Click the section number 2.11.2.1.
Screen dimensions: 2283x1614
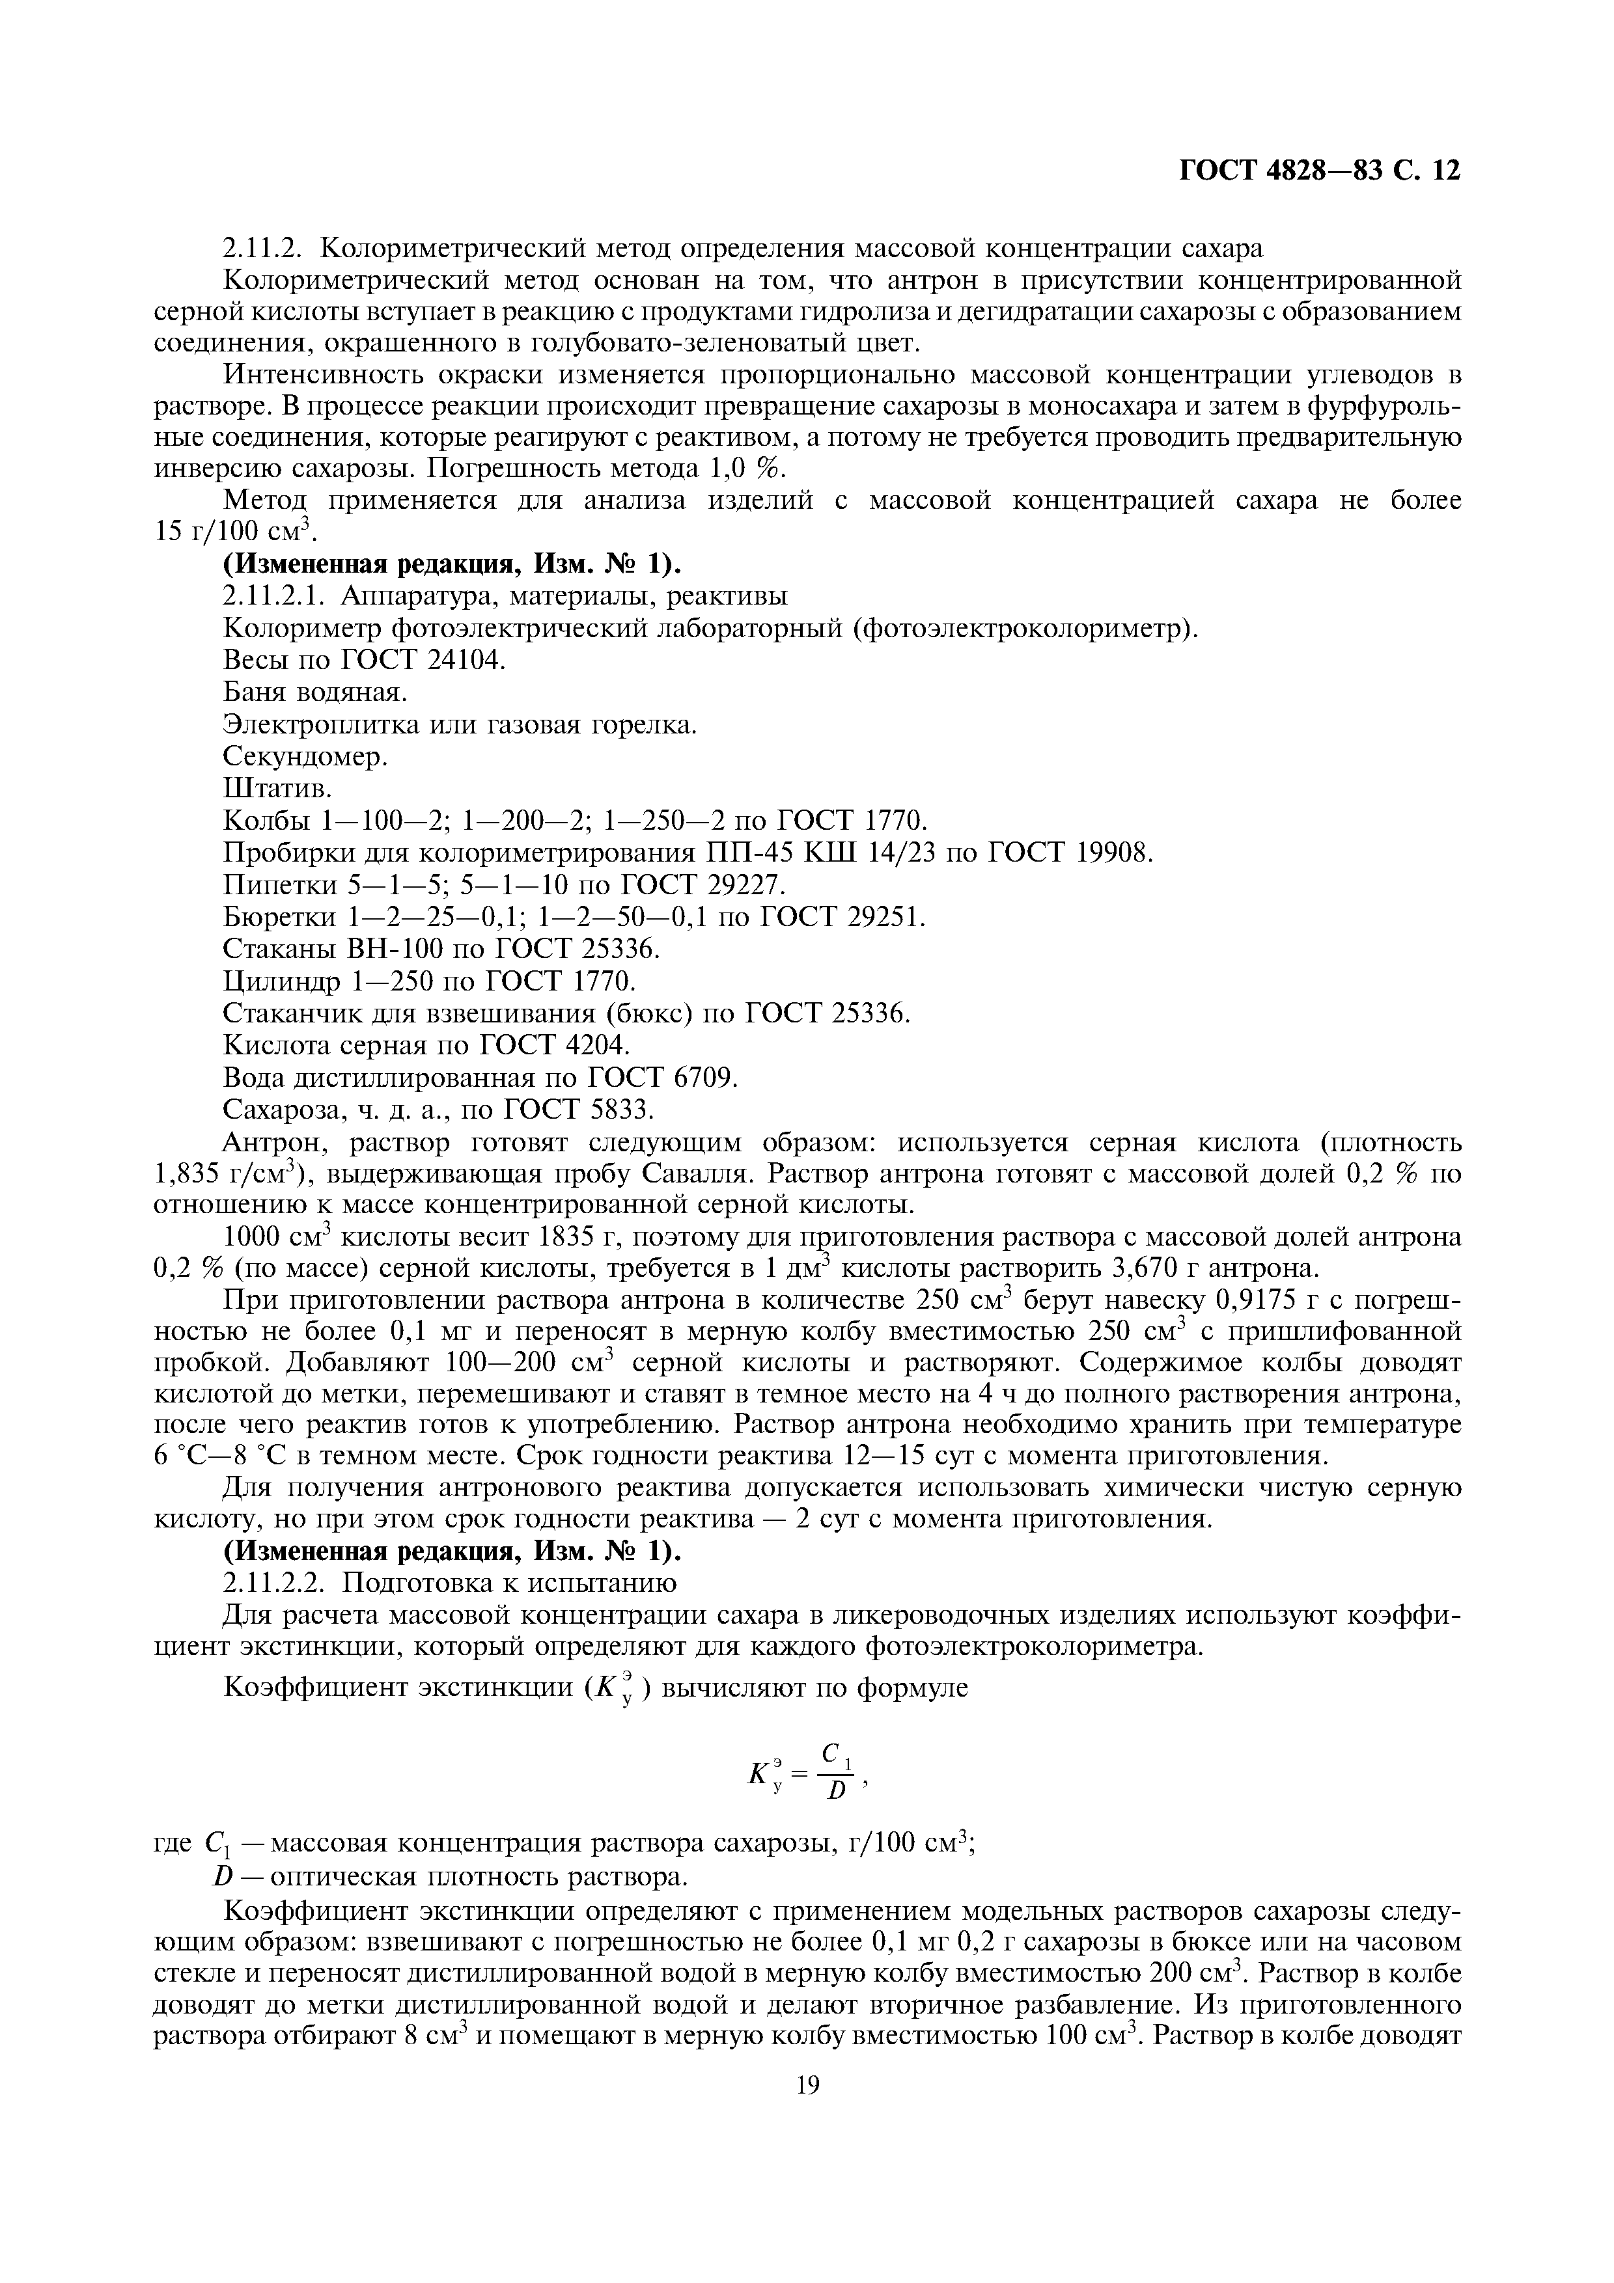point(277,595)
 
